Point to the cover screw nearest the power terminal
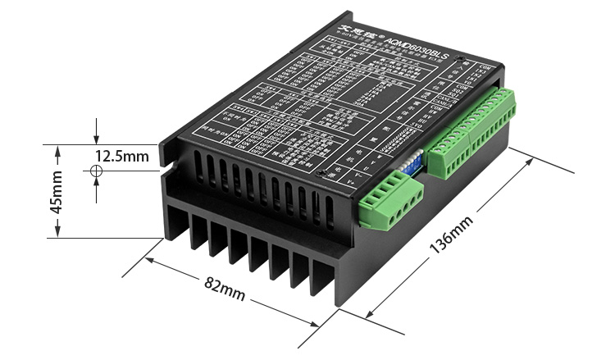[333, 171]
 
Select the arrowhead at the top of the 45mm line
[57, 148]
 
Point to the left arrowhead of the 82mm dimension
[148, 261]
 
